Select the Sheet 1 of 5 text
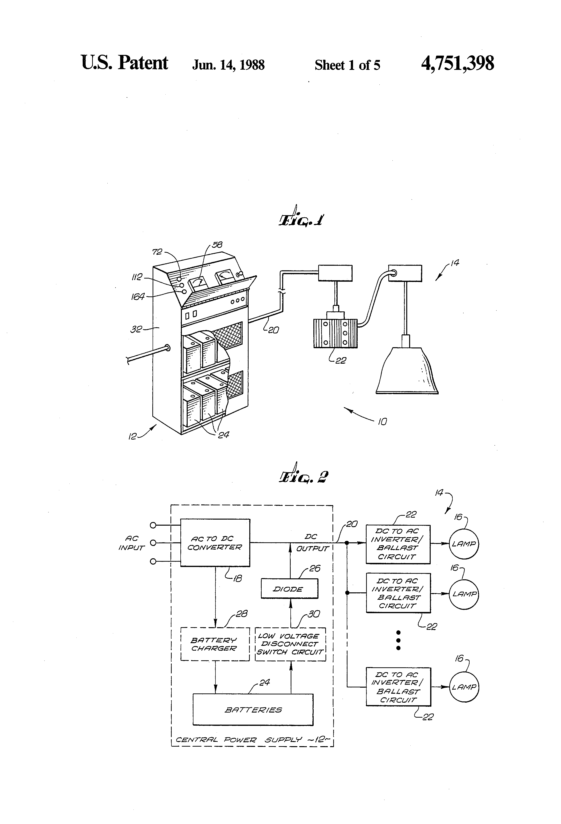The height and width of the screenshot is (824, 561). [x=347, y=65]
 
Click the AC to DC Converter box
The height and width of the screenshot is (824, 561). [x=215, y=543]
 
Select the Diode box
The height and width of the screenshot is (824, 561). [x=289, y=589]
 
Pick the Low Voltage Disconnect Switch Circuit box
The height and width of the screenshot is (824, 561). [x=290, y=644]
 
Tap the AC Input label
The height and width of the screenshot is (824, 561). [x=132, y=543]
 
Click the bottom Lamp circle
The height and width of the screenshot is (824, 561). [x=464, y=687]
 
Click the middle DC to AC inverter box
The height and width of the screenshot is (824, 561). [x=398, y=593]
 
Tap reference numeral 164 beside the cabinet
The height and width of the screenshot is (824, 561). [x=138, y=297]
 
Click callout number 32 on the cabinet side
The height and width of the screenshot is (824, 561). [x=136, y=329]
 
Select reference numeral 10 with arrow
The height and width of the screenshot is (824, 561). [x=382, y=422]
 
